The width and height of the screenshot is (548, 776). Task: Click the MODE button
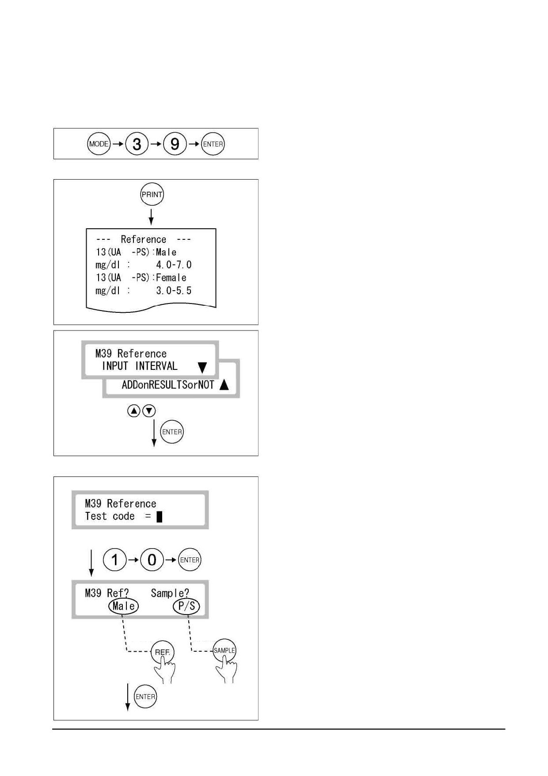point(99,144)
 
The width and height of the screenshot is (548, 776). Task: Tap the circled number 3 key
point(137,144)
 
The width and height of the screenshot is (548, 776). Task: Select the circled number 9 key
point(175,144)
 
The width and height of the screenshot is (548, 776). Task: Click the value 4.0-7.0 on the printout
point(174,265)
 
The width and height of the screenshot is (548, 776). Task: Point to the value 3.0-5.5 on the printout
point(174,291)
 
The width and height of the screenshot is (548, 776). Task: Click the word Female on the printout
point(171,278)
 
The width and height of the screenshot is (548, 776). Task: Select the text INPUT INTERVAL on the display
point(140,366)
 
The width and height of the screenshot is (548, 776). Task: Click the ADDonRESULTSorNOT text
point(168,385)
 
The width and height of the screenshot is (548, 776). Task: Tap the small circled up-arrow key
point(134,411)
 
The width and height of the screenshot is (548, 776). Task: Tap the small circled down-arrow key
point(149,411)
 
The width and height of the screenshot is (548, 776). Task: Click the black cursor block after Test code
point(160,516)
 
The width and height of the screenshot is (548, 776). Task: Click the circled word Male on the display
point(123,606)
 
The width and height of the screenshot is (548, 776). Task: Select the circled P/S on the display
point(186,606)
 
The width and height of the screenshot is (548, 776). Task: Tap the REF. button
point(163,652)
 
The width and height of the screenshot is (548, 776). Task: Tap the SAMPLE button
point(225,650)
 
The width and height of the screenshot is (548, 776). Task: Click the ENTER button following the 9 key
point(213,144)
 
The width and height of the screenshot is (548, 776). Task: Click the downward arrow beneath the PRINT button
point(151,217)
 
